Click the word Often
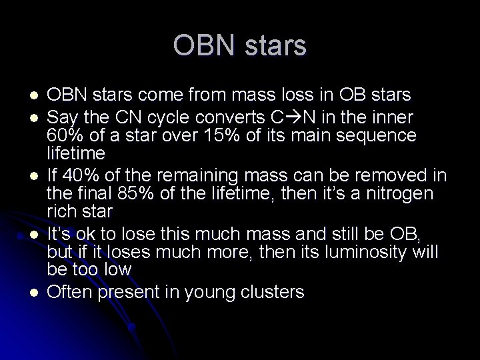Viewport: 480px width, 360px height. coord(71,291)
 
